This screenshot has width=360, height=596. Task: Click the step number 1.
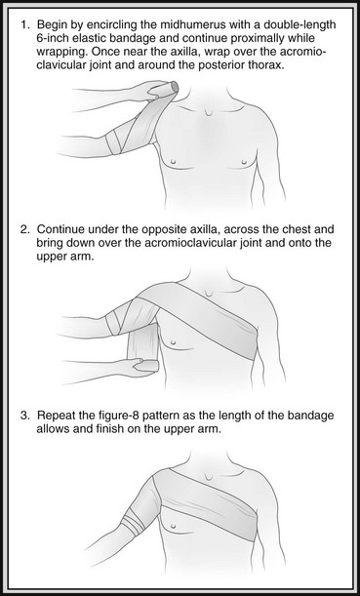pos(24,25)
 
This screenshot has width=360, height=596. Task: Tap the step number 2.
pos(24,229)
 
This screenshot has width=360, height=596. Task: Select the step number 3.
pos(24,416)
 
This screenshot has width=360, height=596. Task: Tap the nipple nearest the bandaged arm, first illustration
pos(174,162)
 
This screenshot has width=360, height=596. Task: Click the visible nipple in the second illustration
pos(174,341)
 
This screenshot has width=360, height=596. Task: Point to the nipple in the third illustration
pos(174,526)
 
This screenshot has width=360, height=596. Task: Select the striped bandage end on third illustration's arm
pos(132,524)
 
